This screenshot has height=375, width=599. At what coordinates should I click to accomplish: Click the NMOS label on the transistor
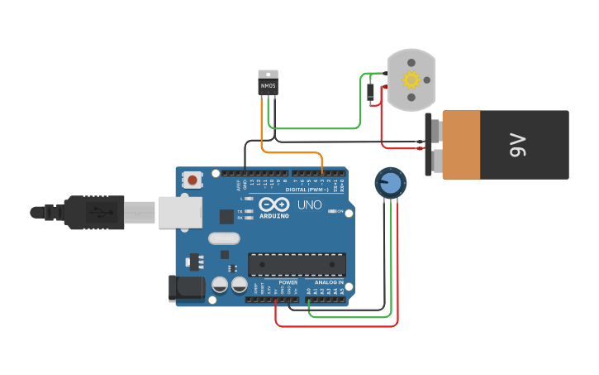[x=268, y=85]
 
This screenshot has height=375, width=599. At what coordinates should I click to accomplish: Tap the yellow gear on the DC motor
[x=411, y=80]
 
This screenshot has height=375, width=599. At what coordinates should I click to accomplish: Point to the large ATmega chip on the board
[x=297, y=264]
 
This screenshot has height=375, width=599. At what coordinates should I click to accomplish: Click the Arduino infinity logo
[x=273, y=204]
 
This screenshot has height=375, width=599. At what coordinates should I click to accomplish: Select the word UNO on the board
[x=309, y=204]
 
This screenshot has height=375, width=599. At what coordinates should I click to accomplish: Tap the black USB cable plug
[x=94, y=212]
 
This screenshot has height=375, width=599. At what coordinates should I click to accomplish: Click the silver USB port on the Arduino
[x=179, y=213]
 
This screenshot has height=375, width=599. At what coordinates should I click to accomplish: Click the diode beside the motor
[x=371, y=92]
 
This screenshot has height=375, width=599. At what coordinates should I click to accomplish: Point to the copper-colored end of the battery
[x=459, y=145]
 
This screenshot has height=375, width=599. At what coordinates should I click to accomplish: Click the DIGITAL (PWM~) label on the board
[x=306, y=190]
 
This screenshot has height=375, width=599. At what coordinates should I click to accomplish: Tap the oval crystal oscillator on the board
[x=224, y=238]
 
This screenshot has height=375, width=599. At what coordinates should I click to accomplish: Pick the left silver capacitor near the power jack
[x=220, y=285]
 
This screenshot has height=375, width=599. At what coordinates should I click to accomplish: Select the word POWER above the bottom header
[x=288, y=282]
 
